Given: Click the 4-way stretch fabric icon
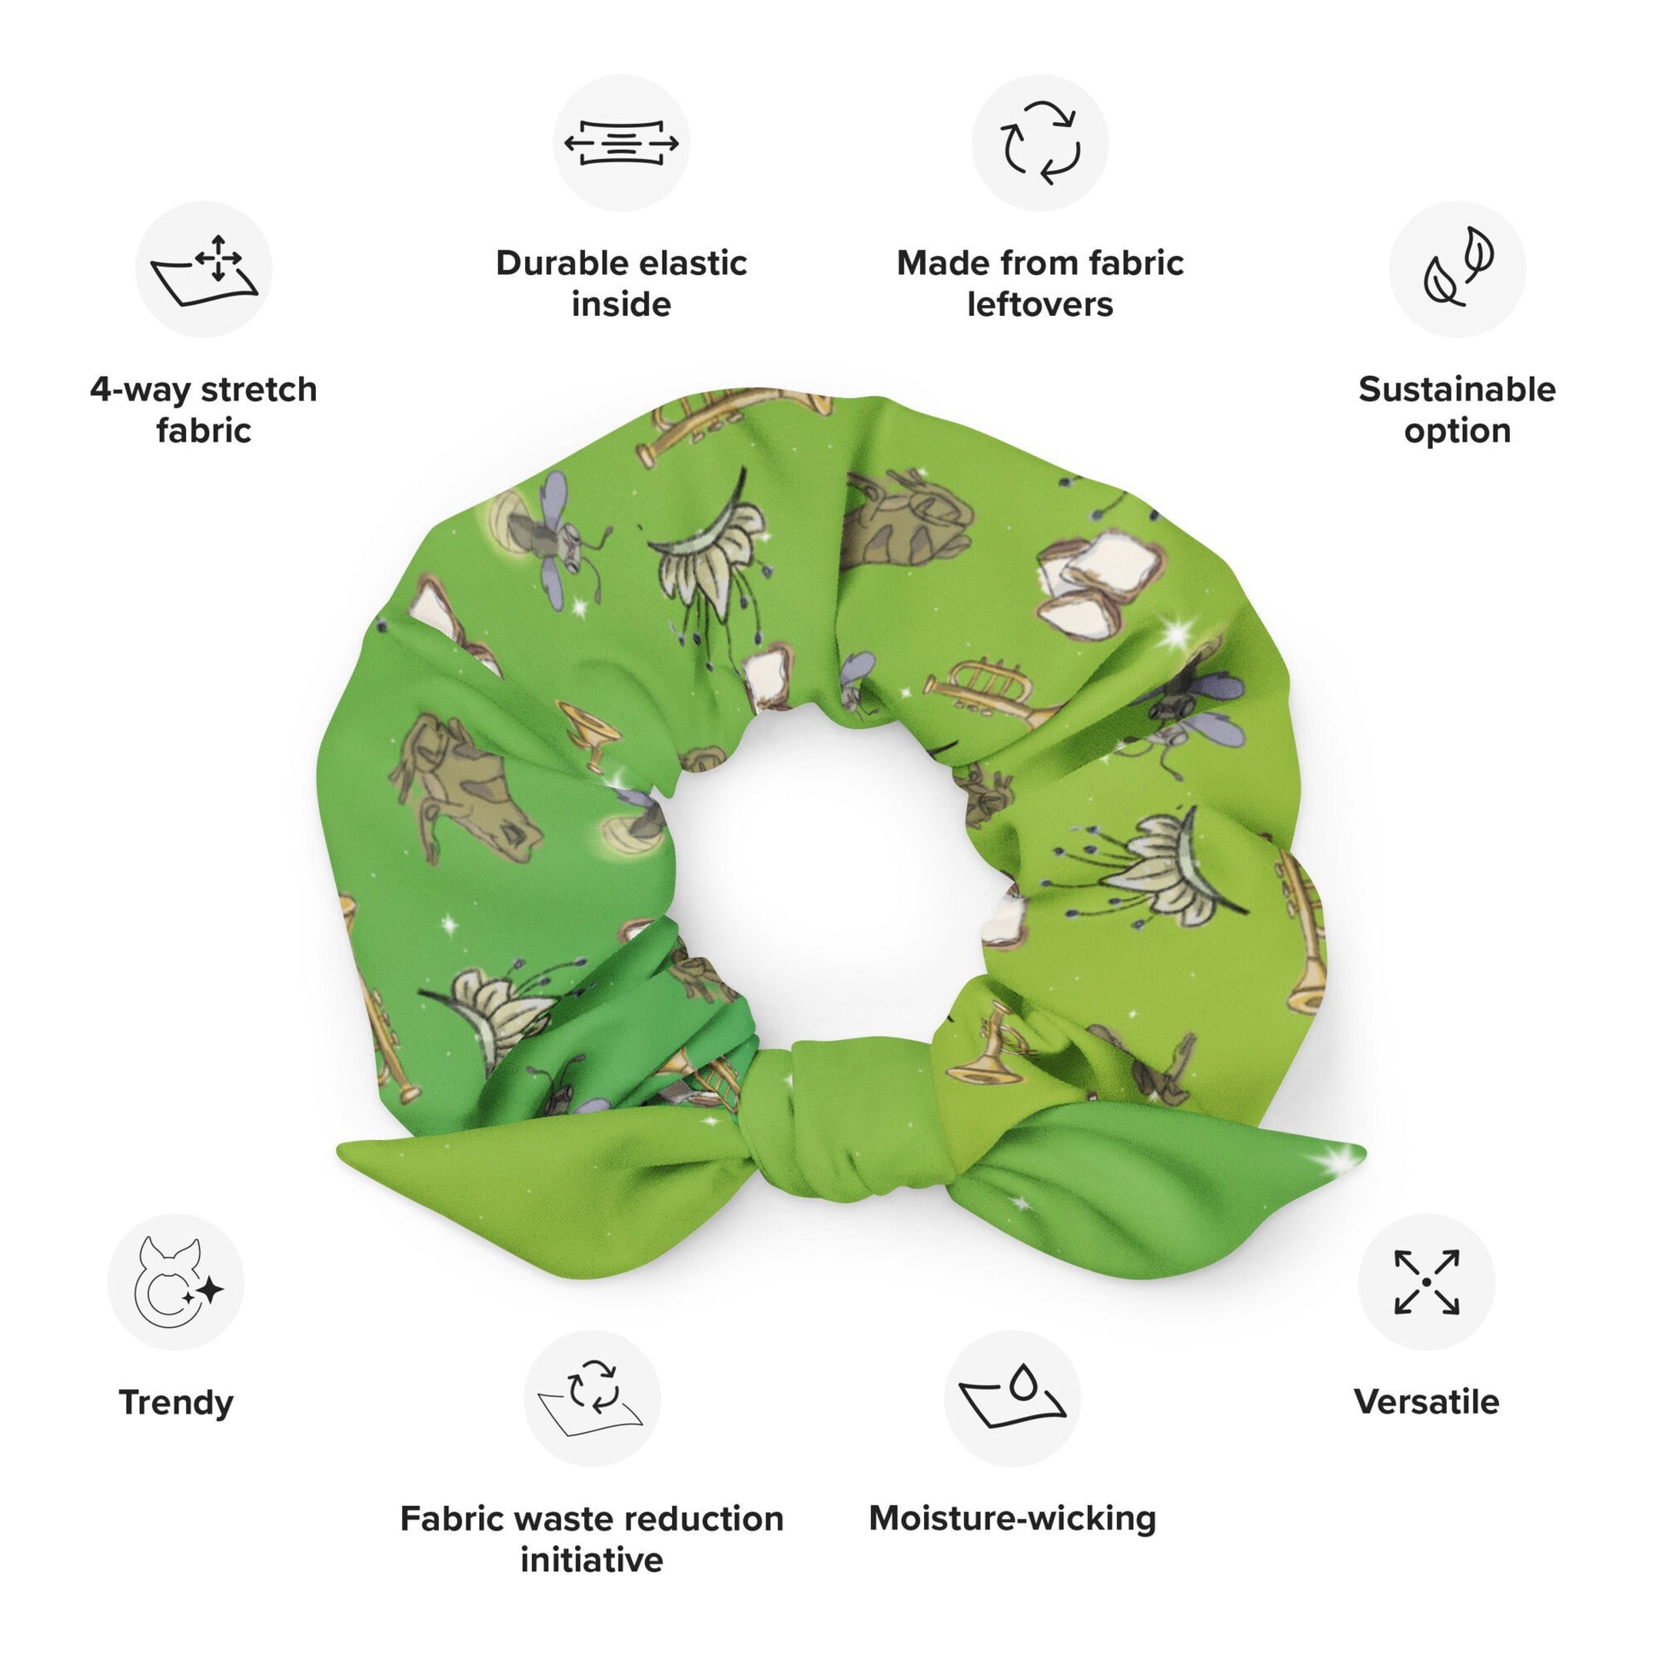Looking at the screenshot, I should point(204,269).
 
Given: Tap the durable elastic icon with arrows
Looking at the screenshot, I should point(621,143).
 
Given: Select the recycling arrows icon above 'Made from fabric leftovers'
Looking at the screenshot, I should point(1040,143).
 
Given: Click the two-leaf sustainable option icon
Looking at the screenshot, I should point(1457,269).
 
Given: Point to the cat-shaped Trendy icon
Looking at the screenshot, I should point(176,1282).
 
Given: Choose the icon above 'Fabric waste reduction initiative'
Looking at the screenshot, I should point(592,1398).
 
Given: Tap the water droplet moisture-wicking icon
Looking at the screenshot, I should point(1013,1398).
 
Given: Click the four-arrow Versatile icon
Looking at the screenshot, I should point(1426,1282).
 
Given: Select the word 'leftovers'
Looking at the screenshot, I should point(1040,305).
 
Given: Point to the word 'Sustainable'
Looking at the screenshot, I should point(1457,389).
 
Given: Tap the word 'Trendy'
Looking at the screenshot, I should point(176,1402).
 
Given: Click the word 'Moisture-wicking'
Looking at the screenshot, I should point(1013,1519).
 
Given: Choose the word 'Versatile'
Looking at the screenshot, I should point(1426,1402).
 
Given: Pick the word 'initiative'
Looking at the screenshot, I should point(592,1560).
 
